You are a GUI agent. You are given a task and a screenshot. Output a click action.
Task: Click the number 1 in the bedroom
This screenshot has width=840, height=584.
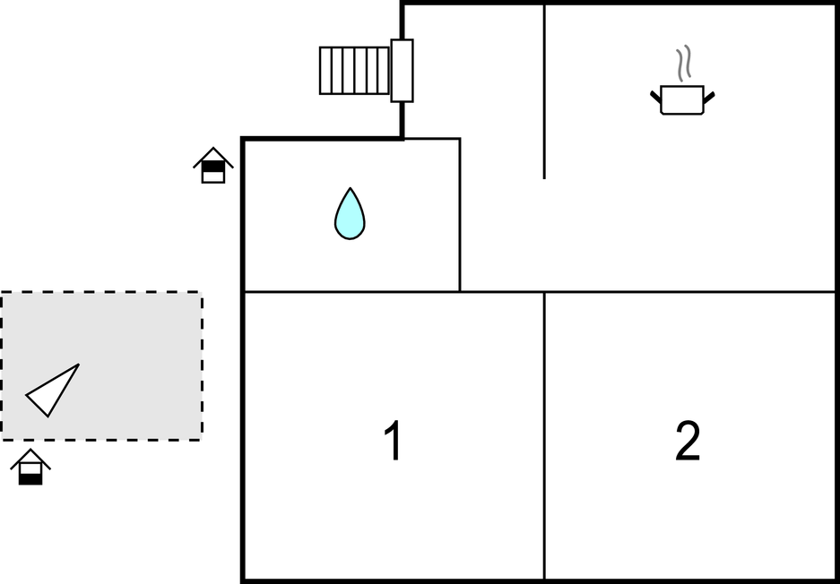(x=394, y=440)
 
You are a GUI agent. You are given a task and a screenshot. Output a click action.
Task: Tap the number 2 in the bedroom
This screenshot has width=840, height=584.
(x=688, y=440)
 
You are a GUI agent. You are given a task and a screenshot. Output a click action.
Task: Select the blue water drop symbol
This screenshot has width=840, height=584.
(x=350, y=214)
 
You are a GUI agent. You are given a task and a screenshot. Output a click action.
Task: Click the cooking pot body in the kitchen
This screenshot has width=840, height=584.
(x=682, y=100)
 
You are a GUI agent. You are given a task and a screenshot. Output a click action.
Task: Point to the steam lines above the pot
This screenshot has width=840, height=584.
(x=683, y=64)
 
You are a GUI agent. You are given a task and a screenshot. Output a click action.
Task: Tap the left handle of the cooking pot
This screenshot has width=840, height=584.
(x=655, y=97)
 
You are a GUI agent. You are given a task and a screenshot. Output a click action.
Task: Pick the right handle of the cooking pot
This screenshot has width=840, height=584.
(x=709, y=98)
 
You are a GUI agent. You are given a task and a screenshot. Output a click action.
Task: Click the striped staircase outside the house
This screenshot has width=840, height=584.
(x=355, y=71)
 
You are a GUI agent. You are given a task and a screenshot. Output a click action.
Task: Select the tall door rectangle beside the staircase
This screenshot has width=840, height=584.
(x=402, y=71)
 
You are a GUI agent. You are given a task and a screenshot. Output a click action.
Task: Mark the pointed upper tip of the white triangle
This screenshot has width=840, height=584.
(x=79, y=365)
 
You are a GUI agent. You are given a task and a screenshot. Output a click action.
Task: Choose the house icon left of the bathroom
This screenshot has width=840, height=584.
(x=213, y=166)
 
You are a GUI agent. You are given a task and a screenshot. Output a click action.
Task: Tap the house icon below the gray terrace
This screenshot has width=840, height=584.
(x=30, y=467)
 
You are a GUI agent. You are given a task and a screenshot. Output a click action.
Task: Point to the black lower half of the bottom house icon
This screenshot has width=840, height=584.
(x=30, y=479)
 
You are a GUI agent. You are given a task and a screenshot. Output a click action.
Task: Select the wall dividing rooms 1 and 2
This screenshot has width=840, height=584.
(x=544, y=435)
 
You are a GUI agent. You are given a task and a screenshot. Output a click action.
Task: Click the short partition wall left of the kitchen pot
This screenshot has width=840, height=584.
(x=544, y=91)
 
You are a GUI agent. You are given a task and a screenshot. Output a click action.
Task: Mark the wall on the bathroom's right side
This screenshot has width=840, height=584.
(x=460, y=215)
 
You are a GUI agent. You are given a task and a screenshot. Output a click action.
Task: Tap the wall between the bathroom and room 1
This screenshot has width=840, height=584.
(x=352, y=292)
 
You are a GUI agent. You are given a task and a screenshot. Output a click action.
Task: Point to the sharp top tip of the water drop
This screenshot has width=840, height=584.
(x=350, y=188)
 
